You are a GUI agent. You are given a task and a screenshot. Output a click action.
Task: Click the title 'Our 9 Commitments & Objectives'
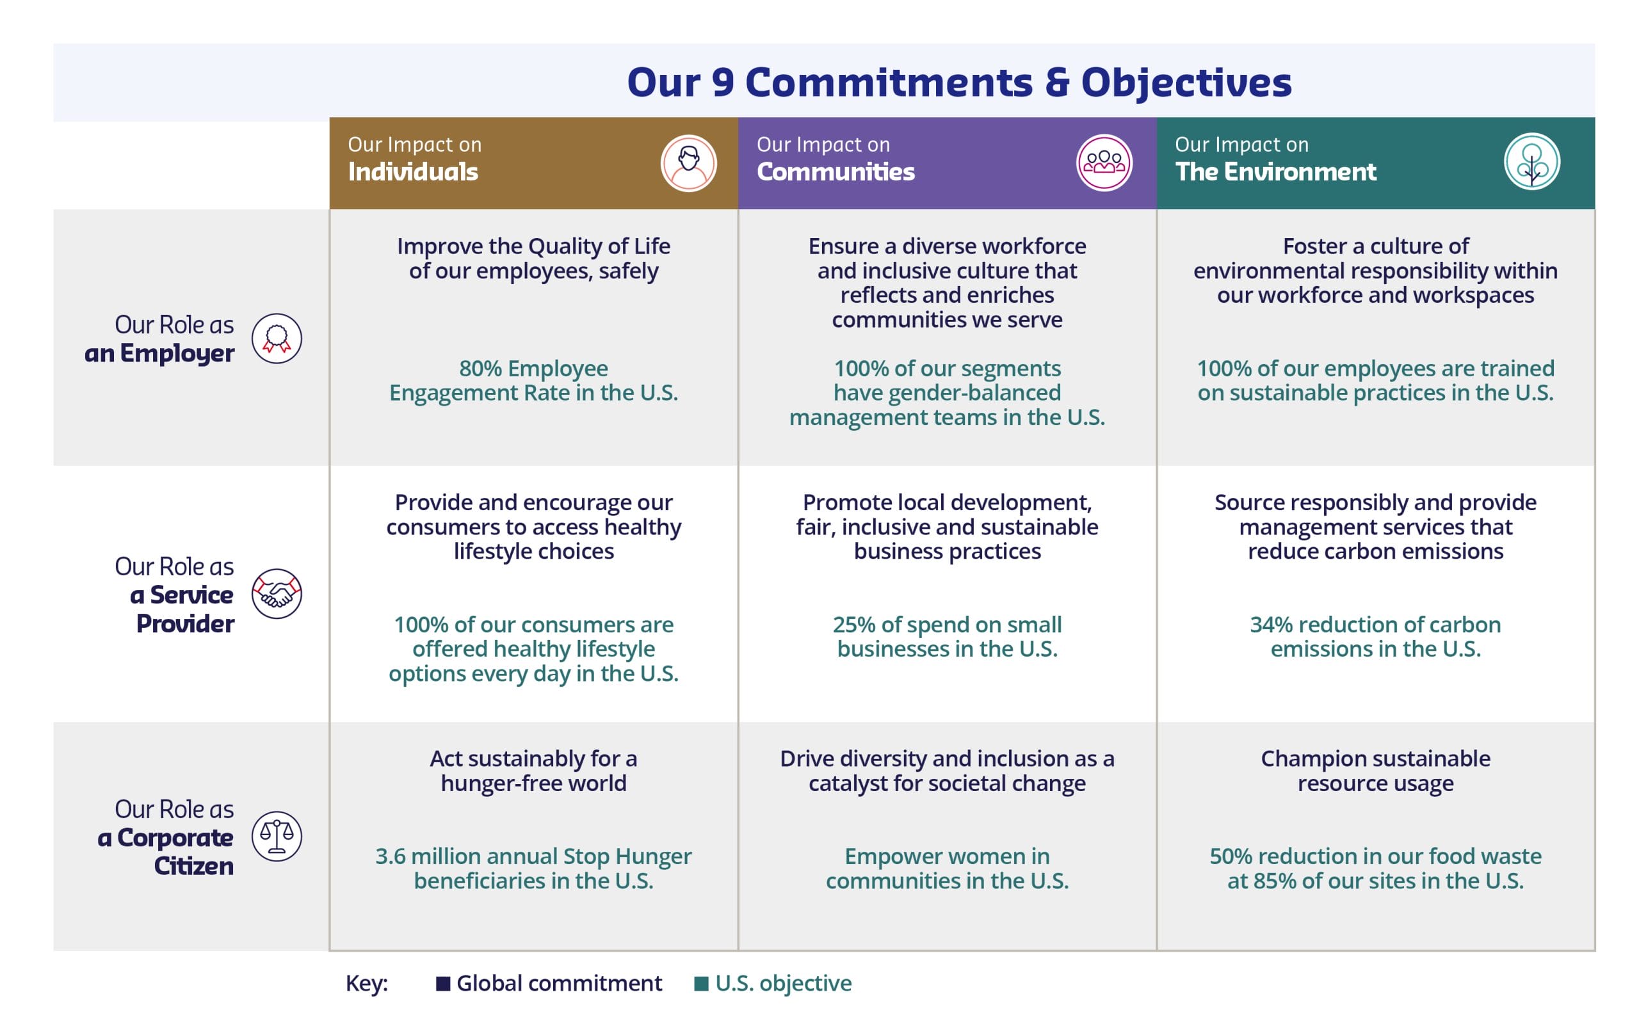coord(959,83)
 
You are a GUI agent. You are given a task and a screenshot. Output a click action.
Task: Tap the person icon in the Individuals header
coord(689,163)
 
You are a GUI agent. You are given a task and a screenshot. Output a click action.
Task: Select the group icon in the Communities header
coord(1104,163)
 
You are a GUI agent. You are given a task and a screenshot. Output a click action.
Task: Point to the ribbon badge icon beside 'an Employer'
coord(277,339)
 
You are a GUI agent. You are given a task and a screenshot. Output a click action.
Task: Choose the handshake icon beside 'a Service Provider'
coord(277,594)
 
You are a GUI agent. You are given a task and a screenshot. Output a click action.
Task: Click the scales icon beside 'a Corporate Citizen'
coord(277,836)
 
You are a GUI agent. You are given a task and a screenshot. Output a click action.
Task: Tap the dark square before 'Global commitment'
coord(443,984)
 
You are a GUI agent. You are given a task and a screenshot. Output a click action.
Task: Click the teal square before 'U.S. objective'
coord(701,984)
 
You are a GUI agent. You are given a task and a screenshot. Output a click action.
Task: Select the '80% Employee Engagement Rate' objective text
coord(534,381)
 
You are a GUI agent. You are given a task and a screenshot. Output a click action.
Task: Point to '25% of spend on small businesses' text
coord(947,637)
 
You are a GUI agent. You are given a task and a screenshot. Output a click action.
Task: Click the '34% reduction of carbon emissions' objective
coord(1375,637)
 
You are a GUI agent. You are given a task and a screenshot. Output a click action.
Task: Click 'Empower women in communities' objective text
coord(947,868)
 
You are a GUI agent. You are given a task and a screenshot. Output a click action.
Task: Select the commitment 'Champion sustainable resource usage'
coord(1375,771)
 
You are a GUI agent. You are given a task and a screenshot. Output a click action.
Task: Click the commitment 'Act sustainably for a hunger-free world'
coord(534,771)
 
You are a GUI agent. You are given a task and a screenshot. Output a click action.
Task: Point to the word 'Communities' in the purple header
coord(836,172)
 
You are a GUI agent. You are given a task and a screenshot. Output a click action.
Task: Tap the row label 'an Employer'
coord(159,353)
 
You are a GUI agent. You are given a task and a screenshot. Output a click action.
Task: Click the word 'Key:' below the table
coord(367,984)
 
